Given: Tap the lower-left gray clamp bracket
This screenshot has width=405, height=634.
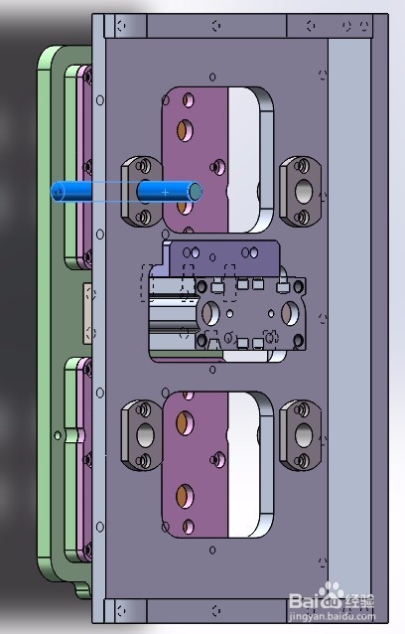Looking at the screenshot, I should click(143, 435).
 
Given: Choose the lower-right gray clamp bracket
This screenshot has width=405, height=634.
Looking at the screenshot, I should click(302, 435).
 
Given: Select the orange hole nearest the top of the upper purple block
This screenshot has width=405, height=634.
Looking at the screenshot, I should click(184, 129).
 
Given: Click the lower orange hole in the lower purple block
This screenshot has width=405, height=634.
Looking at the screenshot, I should click(184, 494).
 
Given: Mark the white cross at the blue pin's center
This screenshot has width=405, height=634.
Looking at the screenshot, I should click(166, 190).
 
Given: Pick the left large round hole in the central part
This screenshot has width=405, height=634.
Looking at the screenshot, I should click(210, 313).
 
